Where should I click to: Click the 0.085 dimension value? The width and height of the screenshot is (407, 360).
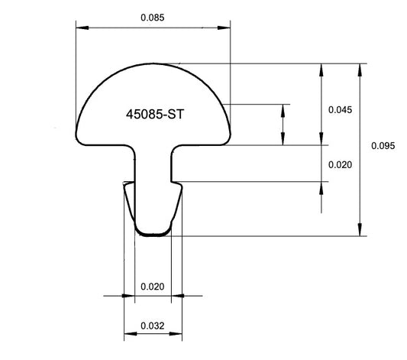pyautogui.click(x=153, y=16)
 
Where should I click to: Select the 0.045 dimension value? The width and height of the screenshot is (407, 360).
pyautogui.click(x=340, y=110)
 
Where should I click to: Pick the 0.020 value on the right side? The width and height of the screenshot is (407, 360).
pyautogui.click(x=340, y=165)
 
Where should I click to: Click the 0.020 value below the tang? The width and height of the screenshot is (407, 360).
pyautogui.click(x=153, y=287)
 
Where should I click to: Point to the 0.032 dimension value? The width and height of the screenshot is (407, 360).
pyautogui.click(x=153, y=326)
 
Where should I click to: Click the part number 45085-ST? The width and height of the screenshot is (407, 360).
pyautogui.click(x=156, y=113)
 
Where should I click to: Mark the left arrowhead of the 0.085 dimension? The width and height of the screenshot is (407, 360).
pyautogui.click(x=80, y=28)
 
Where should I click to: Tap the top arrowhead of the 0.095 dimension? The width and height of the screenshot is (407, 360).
pyautogui.click(x=359, y=69)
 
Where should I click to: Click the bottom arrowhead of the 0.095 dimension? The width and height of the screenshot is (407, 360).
pyautogui.click(x=359, y=231)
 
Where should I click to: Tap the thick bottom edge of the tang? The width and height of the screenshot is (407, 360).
pyautogui.click(x=153, y=234)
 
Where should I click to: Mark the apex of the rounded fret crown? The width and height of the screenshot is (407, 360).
pyautogui.click(x=153, y=64)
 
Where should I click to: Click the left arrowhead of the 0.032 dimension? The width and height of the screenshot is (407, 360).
pyautogui.click(x=128, y=334)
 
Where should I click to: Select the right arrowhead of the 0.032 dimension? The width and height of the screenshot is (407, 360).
pyautogui.click(x=178, y=334)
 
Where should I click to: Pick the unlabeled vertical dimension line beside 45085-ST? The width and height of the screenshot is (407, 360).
pyautogui.click(x=283, y=124)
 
